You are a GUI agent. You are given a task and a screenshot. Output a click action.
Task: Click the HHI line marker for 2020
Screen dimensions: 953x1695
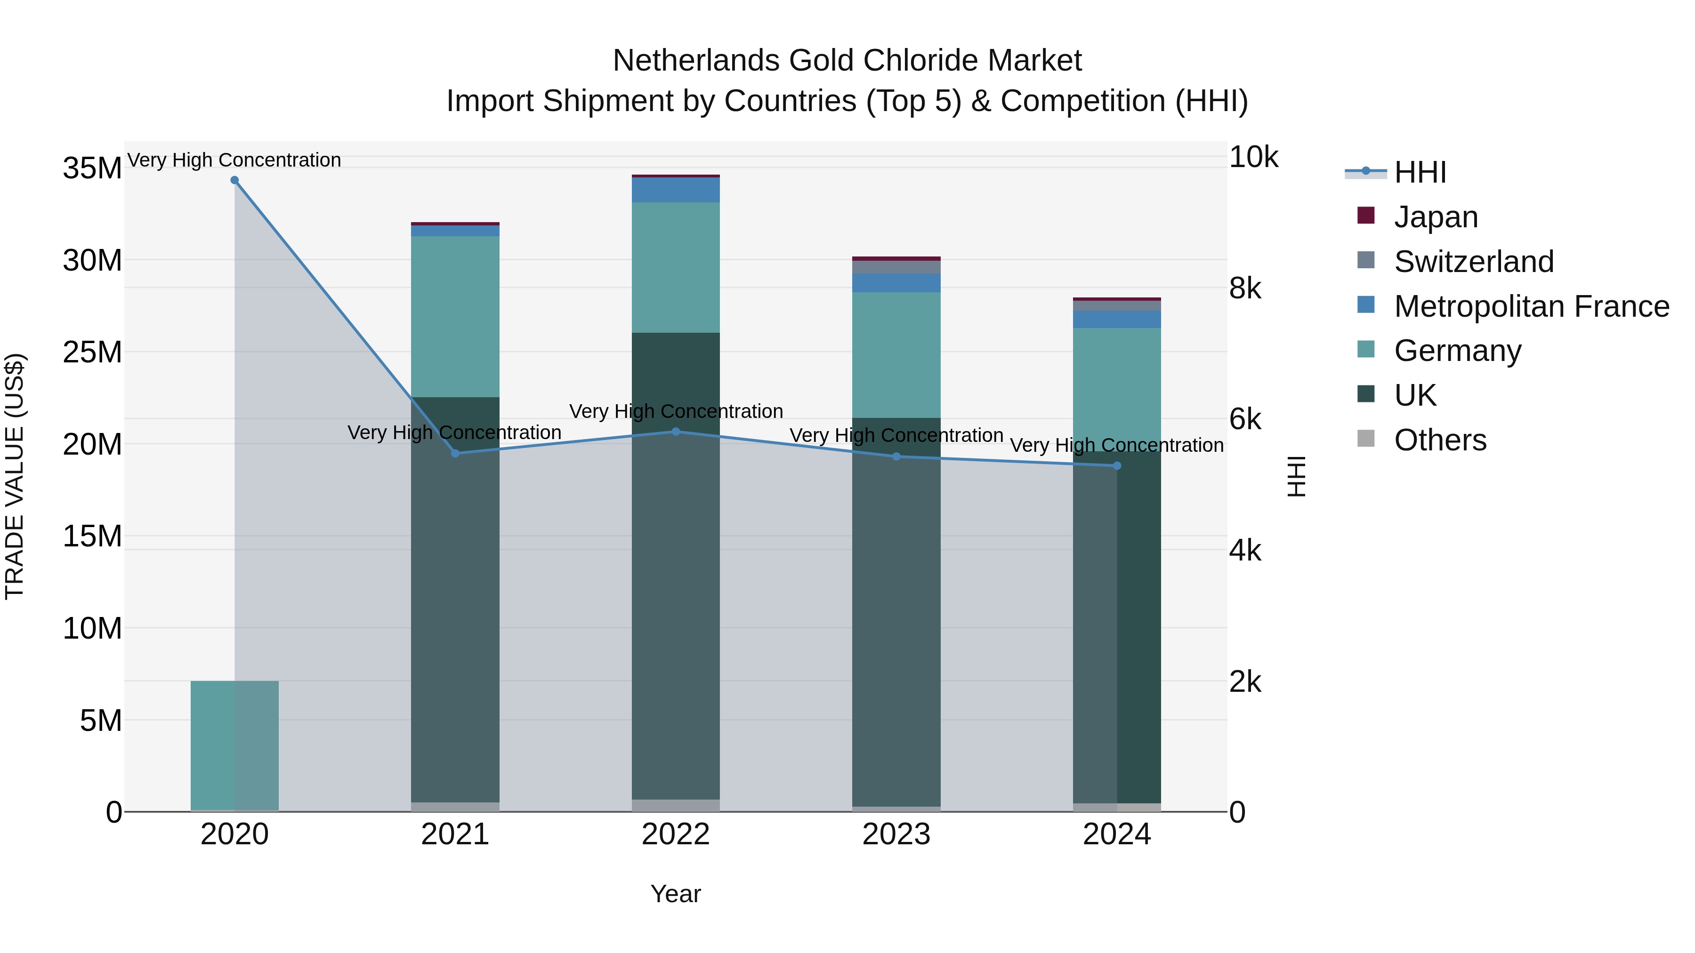(235, 180)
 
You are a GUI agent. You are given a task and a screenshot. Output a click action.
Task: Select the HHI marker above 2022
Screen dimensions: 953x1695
(676, 432)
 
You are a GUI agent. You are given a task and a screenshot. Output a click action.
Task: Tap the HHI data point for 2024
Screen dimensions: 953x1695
(1117, 465)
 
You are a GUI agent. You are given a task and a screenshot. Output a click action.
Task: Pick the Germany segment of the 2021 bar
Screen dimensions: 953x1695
(455, 316)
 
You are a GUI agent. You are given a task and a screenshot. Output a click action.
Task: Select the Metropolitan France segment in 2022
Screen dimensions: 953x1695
(676, 190)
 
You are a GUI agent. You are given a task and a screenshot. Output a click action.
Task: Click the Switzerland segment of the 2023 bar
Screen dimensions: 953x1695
(896, 267)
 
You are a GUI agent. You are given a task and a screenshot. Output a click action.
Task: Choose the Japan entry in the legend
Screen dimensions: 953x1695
(1435, 217)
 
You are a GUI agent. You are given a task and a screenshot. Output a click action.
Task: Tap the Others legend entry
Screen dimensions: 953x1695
(1440, 440)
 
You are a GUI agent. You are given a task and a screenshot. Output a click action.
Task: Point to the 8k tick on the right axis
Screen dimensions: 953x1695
(1245, 288)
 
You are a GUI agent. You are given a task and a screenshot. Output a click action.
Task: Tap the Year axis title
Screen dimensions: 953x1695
(676, 894)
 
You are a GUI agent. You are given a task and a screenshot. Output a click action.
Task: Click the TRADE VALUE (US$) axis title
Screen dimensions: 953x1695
(15, 476)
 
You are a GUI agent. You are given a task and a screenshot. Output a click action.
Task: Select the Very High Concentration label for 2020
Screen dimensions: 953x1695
(234, 160)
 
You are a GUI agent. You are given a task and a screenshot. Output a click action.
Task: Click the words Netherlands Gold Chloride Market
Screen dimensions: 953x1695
(847, 61)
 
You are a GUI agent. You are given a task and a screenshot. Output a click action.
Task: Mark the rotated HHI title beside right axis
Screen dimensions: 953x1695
(1296, 476)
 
